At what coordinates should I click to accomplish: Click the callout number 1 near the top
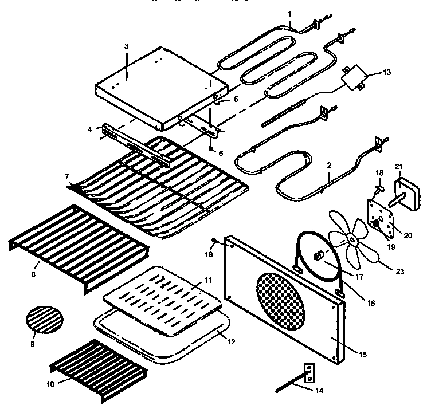(290, 13)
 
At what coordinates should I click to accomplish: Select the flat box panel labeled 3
(155, 89)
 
